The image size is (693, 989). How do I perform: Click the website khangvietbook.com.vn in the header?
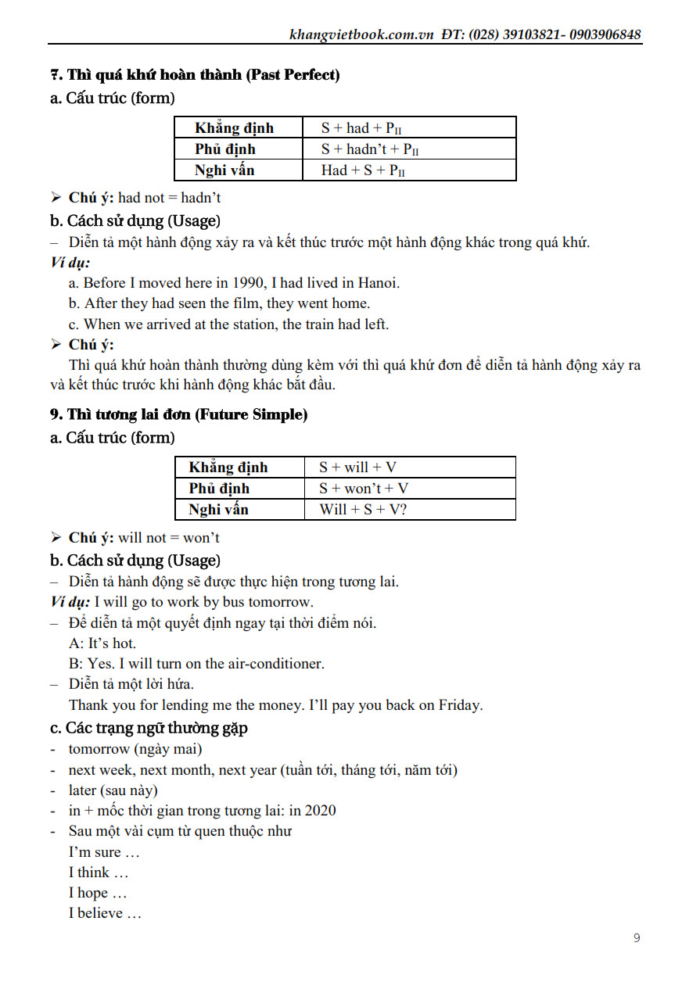click(361, 34)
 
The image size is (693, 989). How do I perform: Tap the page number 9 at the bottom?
click(637, 937)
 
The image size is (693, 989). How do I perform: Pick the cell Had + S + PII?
click(363, 170)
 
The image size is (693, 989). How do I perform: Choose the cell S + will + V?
click(357, 468)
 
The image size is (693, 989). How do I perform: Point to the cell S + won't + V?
click(364, 489)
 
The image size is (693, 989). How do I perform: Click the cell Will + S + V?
click(363, 510)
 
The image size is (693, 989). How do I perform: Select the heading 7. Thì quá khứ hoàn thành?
click(195, 75)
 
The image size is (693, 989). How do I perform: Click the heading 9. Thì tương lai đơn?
click(179, 414)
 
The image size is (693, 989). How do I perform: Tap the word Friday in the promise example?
click(460, 705)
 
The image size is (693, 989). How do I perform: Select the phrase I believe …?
click(105, 913)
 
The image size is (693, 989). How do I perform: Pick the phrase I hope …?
click(97, 893)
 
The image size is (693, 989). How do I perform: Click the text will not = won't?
click(169, 538)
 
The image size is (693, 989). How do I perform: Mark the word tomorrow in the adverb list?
click(99, 749)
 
